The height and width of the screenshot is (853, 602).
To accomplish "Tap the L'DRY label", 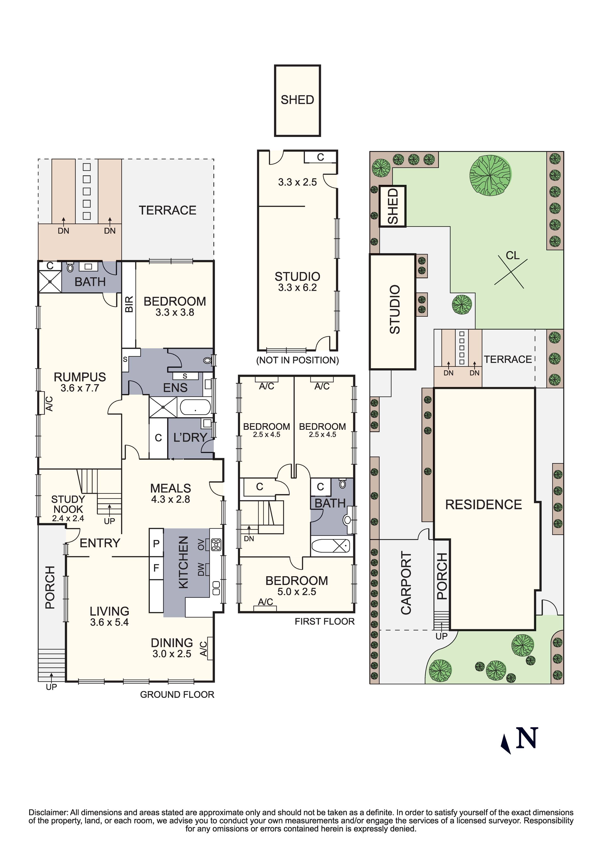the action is (190, 437).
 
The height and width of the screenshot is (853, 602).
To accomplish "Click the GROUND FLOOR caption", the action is (177, 694).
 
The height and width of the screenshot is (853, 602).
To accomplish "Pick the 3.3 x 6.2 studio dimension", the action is (298, 287).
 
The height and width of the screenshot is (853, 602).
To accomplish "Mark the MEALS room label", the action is (171, 488).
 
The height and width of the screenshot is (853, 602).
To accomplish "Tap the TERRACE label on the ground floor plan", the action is (167, 210).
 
